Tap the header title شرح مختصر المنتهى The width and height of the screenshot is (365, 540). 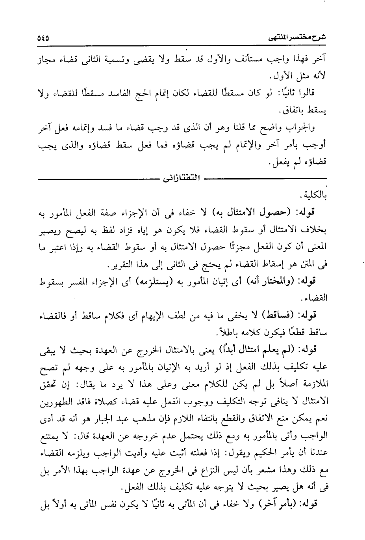coord(302,38)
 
